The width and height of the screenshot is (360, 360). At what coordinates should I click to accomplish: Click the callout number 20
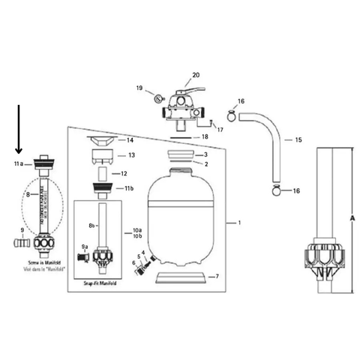click(x=196, y=75)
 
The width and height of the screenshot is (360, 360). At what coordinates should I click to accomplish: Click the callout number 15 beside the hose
click(x=298, y=140)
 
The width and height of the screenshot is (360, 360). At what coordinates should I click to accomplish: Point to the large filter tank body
click(x=182, y=217)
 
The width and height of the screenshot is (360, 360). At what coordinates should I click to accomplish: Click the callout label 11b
click(x=128, y=188)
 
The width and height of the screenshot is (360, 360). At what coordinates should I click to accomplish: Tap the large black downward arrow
click(x=19, y=132)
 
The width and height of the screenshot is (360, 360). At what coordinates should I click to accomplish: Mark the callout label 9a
click(x=85, y=246)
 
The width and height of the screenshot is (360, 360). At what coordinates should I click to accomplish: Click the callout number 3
click(x=204, y=154)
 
